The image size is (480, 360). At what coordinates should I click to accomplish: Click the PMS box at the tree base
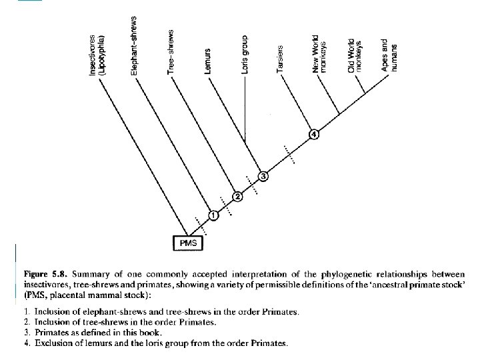(189, 243)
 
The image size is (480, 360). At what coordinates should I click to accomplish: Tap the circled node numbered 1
(213, 215)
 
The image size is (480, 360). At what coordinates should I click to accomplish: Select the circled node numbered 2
(237, 196)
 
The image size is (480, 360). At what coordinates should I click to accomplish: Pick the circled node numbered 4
(314, 135)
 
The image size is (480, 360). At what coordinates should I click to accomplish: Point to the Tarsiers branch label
(281, 62)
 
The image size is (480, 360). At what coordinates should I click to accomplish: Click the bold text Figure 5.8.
(49, 274)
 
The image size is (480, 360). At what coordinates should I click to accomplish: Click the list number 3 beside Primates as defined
(25, 332)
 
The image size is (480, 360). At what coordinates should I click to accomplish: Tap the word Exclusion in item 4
(53, 343)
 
